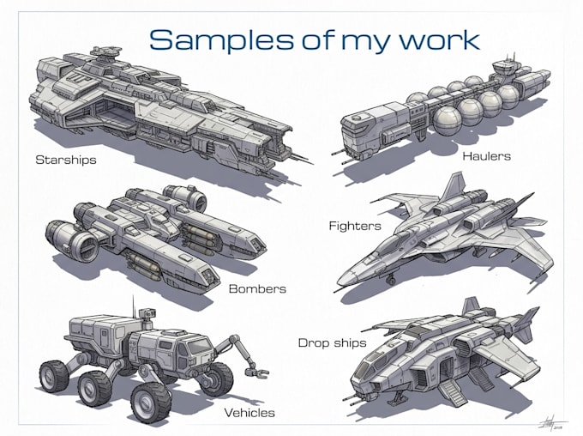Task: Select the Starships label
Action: tap(66, 160)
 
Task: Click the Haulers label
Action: tap(486, 156)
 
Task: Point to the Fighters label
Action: tap(355, 226)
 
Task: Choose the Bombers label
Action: tap(257, 289)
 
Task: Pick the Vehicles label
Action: tap(249, 413)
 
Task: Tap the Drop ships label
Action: tap(332, 343)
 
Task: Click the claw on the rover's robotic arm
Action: tap(256, 372)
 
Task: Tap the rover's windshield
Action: tap(199, 347)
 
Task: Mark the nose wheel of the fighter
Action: tap(390, 280)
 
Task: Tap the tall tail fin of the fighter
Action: tap(454, 186)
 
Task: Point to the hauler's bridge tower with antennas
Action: tap(507, 67)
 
